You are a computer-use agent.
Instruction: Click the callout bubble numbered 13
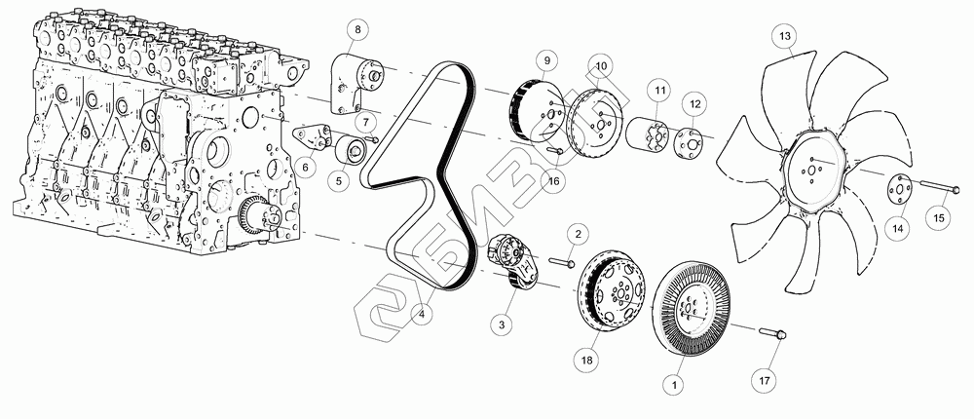pyautogui.click(x=785, y=37)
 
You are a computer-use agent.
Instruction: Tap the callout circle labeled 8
pyautogui.click(x=357, y=29)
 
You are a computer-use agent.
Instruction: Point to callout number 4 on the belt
pyautogui.click(x=422, y=315)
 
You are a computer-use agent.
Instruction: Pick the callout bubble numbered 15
pyautogui.click(x=939, y=217)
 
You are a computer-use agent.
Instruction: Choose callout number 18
pyautogui.click(x=587, y=359)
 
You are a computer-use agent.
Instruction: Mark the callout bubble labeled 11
pyautogui.click(x=659, y=91)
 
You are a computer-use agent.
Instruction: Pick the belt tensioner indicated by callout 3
pyautogui.click(x=515, y=261)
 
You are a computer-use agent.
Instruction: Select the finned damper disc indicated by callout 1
pyautogui.click(x=691, y=308)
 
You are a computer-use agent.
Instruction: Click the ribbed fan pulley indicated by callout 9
pyautogui.click(x=536, y=108)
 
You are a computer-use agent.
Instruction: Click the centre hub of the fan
pyautogui.click(x=814, y=170)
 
